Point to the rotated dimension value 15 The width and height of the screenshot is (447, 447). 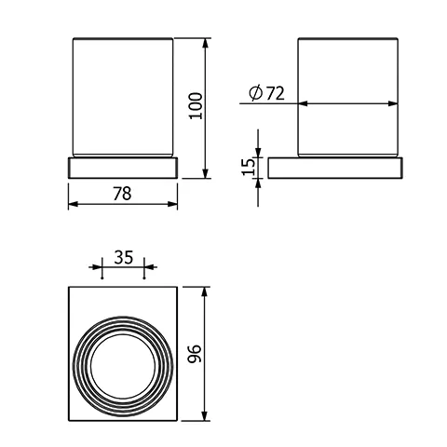247,169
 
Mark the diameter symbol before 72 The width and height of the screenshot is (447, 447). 255,92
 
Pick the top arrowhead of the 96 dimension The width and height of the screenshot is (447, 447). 206,290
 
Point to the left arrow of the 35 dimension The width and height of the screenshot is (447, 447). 98,271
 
